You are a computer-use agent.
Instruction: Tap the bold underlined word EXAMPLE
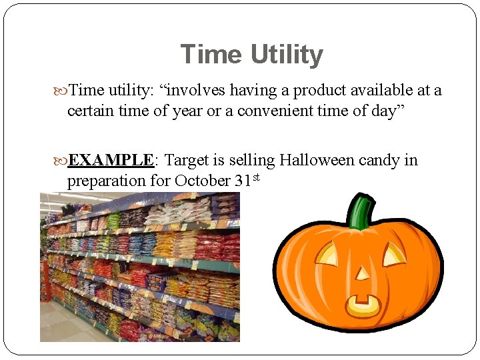pyautogui.click(x=111, y=161)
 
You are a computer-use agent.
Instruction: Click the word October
pyautogui.click(x=203, y=181)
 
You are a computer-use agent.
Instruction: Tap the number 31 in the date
pyautogui.click(x=243, y=181)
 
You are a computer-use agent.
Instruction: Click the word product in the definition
pyautogui.click(x=320, y=91)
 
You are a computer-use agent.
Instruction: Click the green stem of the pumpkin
pyautogui.click(x=361, y=211)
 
